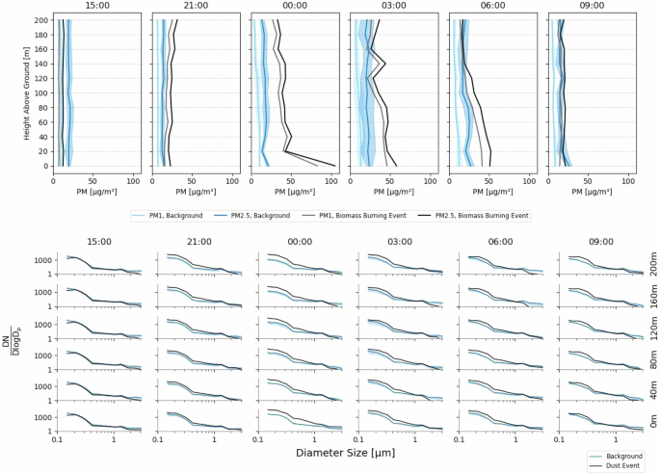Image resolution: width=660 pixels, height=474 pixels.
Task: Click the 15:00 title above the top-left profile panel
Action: pyautogui.click(x=97, y=7)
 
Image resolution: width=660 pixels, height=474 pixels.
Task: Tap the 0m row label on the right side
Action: pyautogui.click(x=652, y=421)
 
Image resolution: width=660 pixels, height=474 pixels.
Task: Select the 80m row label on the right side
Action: pyautogui.click(x=652, y=358)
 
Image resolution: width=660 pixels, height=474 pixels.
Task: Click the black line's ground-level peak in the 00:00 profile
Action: pyautogui.click(x=334, y=165)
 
